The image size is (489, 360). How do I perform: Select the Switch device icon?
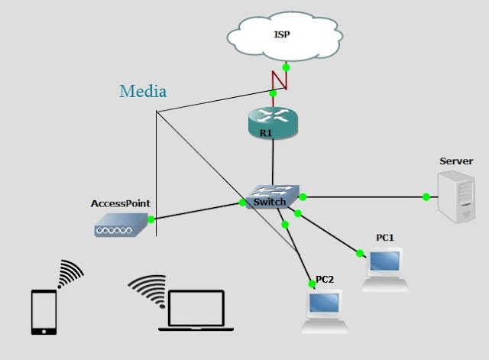pyautogui.click(x=273, y=196)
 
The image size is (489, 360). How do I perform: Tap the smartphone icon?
pyautogui.click(x=44, y=311)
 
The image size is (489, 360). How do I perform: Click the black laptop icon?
pyautogui.click(x=191, y=310)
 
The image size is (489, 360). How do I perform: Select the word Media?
pyautogui.click(x=143, y=92)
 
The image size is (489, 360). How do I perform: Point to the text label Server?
pyautogui.click(x=456, y=161)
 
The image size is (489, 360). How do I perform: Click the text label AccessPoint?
pyautogui.click(x=120, y=204)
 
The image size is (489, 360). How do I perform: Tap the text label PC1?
pyautogui.click(x=385, y=238)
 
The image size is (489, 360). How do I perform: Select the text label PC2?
pyautogui.click(x=325, y=278)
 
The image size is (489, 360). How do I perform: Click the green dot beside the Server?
pyautogui.click(x=426, y=197)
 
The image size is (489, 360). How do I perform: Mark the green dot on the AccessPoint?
pyautogui.click(x=151, y=220)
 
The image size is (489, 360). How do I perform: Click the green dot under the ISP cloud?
pyautogui.click(x=286, y=66)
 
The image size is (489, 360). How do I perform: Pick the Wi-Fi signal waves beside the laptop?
pyautogui.click(x=147, y=289)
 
